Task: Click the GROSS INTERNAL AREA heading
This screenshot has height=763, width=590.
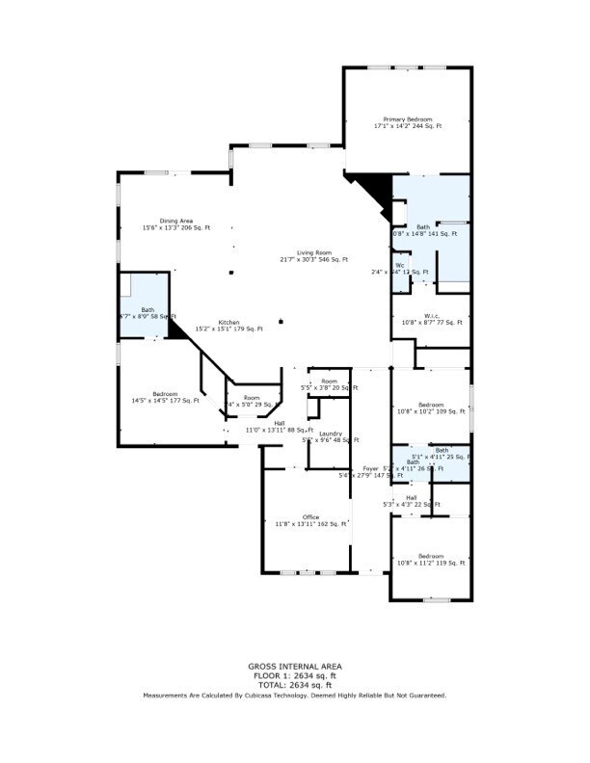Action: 294,666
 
